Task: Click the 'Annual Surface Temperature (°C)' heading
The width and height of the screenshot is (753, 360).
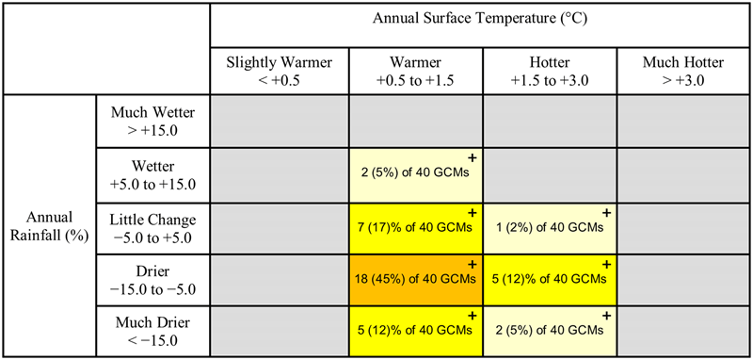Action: pos(481,20)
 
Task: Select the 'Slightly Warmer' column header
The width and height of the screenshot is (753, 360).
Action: pos(279,71)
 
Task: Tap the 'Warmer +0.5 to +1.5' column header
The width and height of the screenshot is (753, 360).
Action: pos(416,71)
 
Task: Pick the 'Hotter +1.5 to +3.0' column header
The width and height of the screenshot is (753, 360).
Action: pos(550,71)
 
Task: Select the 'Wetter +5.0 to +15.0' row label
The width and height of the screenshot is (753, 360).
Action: pos(153,175)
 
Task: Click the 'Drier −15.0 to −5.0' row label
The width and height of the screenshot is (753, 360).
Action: pos(153,279)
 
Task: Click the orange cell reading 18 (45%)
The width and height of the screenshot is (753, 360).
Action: pos(416,280)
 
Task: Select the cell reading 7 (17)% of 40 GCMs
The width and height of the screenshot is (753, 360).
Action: pos(416,228)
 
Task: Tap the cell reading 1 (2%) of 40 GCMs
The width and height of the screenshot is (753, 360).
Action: pos(550,228)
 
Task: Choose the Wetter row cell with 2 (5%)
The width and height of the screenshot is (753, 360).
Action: pos(416,175)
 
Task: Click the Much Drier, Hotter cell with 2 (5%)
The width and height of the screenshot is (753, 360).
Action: pos(550,331)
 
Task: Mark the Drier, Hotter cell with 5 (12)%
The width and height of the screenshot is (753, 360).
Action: pos(550,280)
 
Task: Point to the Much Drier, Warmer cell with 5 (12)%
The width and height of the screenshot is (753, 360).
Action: pos(416,331)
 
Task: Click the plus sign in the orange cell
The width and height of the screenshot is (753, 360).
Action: pos(473,264)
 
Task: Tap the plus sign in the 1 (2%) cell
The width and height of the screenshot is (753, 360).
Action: pos(606,212)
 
